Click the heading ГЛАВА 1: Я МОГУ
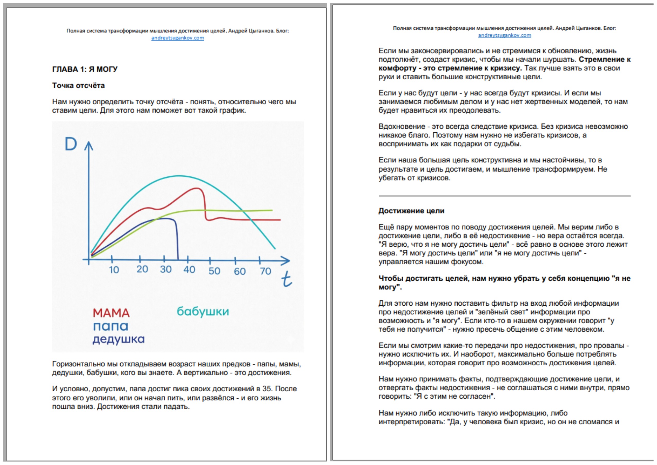point(85,69)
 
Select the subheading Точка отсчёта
point(78,86)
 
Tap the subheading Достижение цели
point(411,211)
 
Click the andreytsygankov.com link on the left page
point(177,38)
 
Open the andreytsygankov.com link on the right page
point(504,35)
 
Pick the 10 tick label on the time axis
point(114,270)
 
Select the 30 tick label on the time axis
point(166,269)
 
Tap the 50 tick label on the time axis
point(214,271)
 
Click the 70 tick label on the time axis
point(265,271)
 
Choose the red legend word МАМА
point(111,313)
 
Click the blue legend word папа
point(110,326)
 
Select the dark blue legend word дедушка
point(119,339)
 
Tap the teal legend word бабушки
point(203,312)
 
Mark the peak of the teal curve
point(179,176)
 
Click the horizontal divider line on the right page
point(504,196)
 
